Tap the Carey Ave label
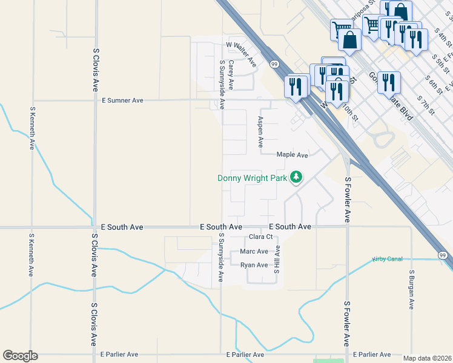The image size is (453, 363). coord(231,74)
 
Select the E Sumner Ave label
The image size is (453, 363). coord(122,100)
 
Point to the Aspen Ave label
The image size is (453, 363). coord(260,132)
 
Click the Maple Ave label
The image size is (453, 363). coord(293,155)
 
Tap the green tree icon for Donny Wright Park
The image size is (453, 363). coord(296,177)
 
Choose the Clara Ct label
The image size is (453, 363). coord(261,237)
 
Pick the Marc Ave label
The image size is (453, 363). coord(254,251)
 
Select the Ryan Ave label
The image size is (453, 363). coord(254,265)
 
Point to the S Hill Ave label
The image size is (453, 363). coord(276,259)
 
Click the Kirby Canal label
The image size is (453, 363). coord(387,260)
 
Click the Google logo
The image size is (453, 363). coord(20,356)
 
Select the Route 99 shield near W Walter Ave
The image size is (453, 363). coord(274,63)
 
